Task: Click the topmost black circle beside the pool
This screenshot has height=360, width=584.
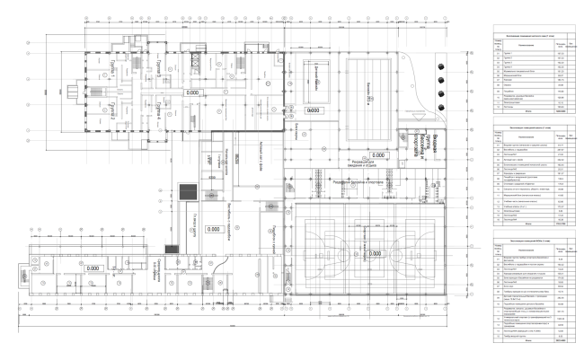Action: tap(440, 64)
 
